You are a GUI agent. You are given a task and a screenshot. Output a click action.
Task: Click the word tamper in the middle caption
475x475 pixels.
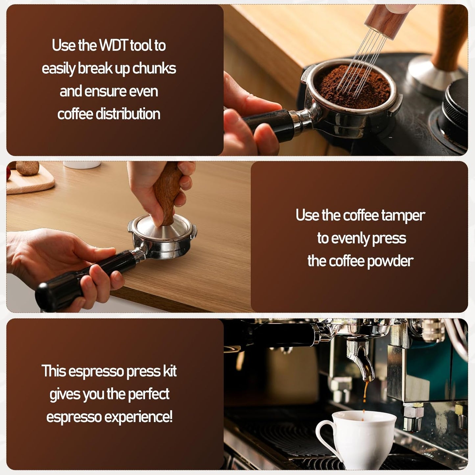tap(403, 216)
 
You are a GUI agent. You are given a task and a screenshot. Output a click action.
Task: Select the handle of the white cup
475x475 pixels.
tap(323, 434)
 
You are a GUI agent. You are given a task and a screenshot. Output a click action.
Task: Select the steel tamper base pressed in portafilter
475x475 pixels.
tap(163, 232)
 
